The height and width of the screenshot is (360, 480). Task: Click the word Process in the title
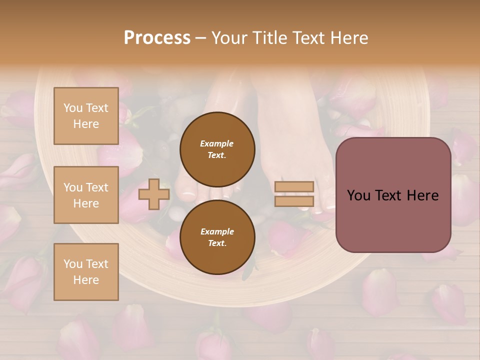coord(157,38)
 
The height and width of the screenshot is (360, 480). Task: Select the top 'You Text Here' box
coord(86,116)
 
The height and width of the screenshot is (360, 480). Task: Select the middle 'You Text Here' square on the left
coord(86,195)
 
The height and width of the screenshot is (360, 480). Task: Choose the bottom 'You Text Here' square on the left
coord(86,271)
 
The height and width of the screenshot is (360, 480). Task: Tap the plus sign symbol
coord(154,194)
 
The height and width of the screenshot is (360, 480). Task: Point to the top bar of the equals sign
coord(294,186)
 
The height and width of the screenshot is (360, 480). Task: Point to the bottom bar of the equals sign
coord(294,201)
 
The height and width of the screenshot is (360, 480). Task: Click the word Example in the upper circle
coord(217,143)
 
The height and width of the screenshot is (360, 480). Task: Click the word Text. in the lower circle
coord(217,243)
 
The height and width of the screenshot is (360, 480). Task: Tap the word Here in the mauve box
coord(422,195)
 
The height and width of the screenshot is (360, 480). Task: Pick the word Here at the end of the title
coord(350,38)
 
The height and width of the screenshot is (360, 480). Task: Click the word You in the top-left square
coord(72,108)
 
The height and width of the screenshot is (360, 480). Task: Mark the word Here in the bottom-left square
coord(86,280)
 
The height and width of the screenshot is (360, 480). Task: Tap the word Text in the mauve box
coord(387,195)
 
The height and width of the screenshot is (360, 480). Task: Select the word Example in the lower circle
coord(217,231)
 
